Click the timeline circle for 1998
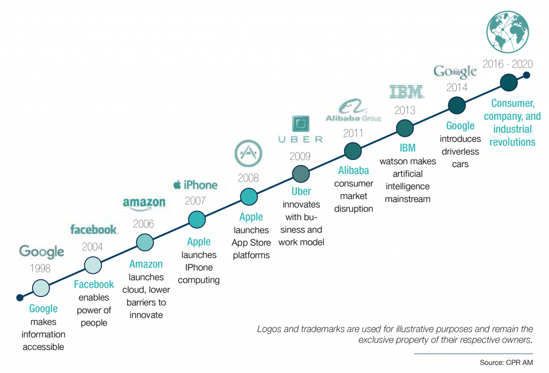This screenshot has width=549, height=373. [x=41, y=288]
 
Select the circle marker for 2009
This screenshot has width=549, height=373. [x=301, y=174]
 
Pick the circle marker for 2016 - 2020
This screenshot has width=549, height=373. [x=509, y=82]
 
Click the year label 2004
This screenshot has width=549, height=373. [x=92, y=247]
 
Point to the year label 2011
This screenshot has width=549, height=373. [x=353, y=133]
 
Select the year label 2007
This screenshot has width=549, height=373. [x=196, y=201]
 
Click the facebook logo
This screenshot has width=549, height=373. [x=94, y=230]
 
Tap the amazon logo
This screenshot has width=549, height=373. [x=144, y=204]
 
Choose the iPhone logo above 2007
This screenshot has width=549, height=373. [x=195, y=185]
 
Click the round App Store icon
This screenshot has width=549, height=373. [x=249, y=154]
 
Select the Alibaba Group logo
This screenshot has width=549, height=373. [x=353, y=111]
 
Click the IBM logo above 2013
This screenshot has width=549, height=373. [x=406, y=92]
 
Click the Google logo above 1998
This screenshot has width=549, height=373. [x=42, y=251]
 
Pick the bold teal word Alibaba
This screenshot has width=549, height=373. [x=353, y=171]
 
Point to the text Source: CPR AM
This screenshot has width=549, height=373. [x=506, y=363]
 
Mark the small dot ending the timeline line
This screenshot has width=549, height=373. [x=526, y=75]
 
